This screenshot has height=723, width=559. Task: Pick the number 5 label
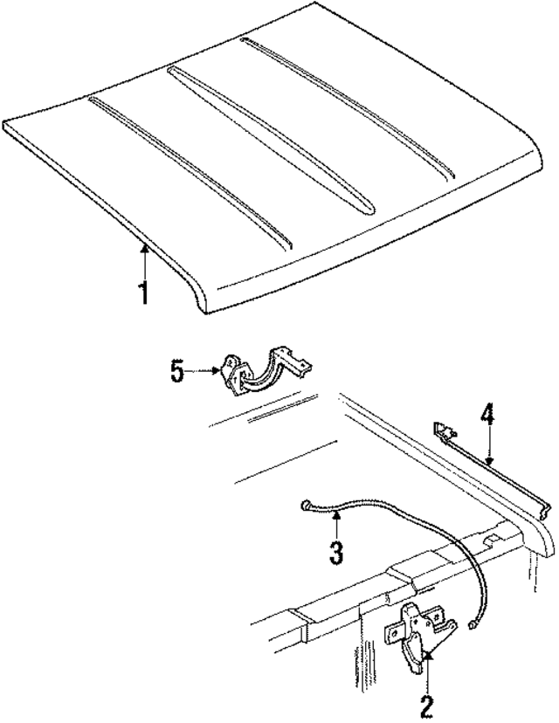177,372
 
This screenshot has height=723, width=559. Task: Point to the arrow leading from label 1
143,260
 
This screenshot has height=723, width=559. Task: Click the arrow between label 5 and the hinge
203,372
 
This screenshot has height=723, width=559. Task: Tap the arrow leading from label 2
427,672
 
